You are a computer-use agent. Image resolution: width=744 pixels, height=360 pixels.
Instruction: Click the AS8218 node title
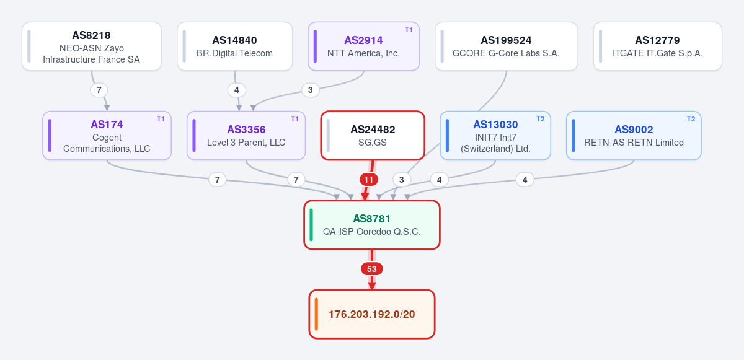click(x=91, y=35)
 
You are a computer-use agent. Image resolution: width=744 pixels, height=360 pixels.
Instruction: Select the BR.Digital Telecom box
click(x=234, y=46)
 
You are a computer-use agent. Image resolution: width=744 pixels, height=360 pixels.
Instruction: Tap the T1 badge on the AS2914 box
click(x=409, y=30)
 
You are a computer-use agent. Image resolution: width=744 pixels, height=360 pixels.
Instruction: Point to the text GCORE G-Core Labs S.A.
click(x=506, y=53)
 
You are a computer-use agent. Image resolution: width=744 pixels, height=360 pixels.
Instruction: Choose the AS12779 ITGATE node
click(x=657, y=46)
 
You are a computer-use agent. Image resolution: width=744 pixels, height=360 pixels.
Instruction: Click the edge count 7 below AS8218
click(x=99, y=90)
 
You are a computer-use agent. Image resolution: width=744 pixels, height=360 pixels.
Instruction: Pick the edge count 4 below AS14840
click(x=236, y=90)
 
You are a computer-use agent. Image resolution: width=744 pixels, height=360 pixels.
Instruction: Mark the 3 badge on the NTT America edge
click(x=310, y=90)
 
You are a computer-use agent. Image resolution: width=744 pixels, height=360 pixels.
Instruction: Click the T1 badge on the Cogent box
click(x=161, y=119)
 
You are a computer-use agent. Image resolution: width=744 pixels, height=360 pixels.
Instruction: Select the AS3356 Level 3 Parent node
click(x=246, y=135)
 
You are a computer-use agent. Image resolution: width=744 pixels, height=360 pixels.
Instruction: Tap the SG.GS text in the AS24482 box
click(x=373, y=143)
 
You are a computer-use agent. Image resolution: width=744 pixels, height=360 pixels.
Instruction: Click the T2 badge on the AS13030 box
click(x=540, y=119)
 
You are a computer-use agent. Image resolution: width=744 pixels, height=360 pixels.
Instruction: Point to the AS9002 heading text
click(x=634, y=130)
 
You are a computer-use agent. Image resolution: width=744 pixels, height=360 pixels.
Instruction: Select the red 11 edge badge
click(x=369, y=180)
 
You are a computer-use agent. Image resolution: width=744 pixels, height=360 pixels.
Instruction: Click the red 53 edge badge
click(x=371, y=269)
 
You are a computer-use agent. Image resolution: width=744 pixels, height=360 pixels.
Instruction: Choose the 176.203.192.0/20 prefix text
click(x=371, y=314)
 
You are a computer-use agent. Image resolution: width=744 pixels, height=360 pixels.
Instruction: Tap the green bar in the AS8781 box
click(x=311, y=225)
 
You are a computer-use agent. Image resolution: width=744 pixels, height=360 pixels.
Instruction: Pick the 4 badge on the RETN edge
click(x=525, y=180)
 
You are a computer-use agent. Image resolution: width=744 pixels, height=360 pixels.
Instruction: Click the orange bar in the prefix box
click(x=316, y=314)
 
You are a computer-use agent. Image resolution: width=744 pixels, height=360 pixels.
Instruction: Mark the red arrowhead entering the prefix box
click(x=371, y=286)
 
